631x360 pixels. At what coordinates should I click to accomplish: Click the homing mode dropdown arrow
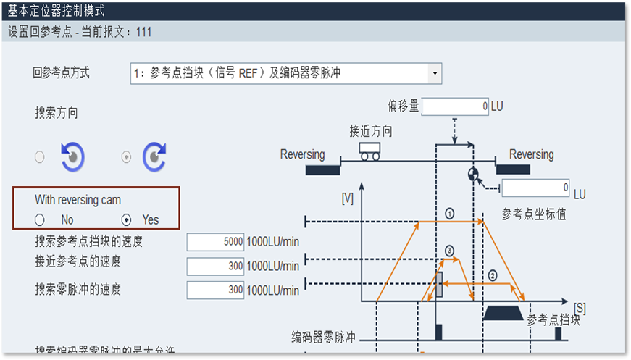click(x=434, y=73)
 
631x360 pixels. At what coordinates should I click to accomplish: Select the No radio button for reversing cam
click(x=40, y=219)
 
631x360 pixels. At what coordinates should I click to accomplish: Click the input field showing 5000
click(x=216, y=243)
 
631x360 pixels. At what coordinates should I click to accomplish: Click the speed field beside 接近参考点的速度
click(x=216, y=267)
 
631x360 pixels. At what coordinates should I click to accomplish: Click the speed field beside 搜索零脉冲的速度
click(x=216, y=290)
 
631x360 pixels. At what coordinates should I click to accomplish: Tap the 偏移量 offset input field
click(x=455, y=106)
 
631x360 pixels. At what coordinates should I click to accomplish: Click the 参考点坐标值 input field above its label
click(x=536, y=188)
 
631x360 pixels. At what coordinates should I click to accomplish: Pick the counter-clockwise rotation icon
click(x=72, y=156)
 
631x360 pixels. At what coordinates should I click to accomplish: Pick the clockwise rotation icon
click(x=154, y=156)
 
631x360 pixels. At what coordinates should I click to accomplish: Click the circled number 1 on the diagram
click(x=449, y=214)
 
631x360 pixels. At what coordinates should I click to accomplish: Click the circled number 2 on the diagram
click(x=492, y=275)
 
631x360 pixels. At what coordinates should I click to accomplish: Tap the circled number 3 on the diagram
click(x=449, y=251)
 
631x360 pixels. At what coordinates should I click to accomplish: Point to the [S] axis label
click(x=579, y=307)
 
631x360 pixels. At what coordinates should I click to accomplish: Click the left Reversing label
click(x=302, y=154)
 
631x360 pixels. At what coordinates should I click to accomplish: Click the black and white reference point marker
click(x=473, y=174)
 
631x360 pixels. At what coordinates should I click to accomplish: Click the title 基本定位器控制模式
click(x=57, y=10)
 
